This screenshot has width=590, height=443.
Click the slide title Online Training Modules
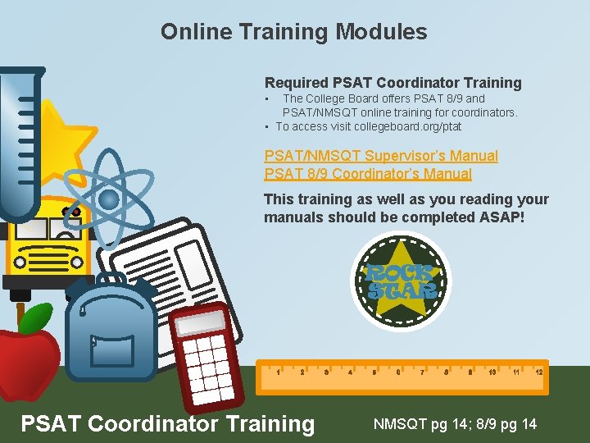point(293,32)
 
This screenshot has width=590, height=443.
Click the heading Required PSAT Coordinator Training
point(393,83)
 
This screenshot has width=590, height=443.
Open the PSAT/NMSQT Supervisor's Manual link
point(380,156)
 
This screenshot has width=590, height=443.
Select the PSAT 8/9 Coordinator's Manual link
point(367,174)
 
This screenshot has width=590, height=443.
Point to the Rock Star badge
point(401,281)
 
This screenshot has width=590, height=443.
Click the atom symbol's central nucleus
point(108,199)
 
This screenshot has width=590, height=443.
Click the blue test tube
point(20,139)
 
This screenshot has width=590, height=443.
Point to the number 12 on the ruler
point(538,372)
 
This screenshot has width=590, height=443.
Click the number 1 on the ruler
point(279,372)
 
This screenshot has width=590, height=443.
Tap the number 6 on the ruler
point(397,372)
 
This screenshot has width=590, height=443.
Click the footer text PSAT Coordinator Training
point(167,423)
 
